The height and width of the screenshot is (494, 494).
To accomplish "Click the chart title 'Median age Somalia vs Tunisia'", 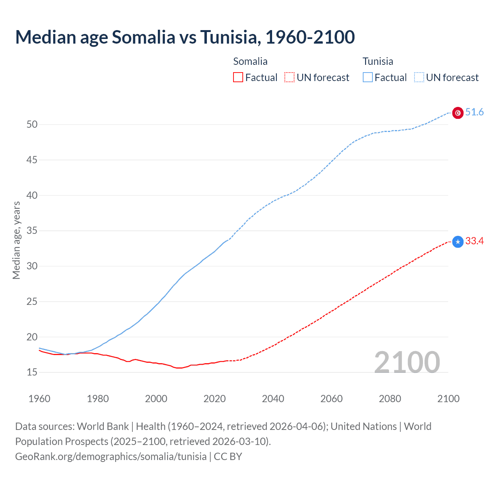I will [185, 37].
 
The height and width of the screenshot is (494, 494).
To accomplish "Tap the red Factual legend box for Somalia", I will [238, 78].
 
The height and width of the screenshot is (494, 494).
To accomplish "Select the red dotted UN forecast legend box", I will [289, 78].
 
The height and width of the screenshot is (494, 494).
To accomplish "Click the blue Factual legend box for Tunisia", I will [368, 78].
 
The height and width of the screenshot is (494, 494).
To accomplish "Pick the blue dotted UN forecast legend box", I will [419, 78].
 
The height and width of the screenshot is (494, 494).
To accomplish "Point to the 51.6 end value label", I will [474, 112].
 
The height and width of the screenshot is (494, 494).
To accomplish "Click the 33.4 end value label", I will [474, 241].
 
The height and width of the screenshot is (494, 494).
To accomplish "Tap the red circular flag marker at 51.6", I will [458, 113].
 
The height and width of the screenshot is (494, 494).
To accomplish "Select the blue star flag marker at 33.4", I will [458, 242].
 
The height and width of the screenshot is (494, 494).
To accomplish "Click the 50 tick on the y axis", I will [32, 124].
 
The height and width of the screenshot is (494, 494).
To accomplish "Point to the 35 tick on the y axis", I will [32, 231].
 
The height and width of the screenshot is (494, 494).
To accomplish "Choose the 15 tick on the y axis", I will [32, 372].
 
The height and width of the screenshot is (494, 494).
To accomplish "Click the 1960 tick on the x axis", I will [39, 399].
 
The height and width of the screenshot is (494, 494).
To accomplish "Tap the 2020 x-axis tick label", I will [215, 399].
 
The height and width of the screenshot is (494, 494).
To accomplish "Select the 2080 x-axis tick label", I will [390, 399].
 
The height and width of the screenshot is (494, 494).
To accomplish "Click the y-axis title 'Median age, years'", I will [16, 240].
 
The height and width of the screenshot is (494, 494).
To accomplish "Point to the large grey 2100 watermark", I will [407, 362].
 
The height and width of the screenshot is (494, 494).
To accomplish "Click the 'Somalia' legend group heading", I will [250, 61].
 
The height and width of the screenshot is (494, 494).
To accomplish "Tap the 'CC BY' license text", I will [228, 457].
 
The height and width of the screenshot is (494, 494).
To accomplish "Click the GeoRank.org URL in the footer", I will [111, 457].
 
